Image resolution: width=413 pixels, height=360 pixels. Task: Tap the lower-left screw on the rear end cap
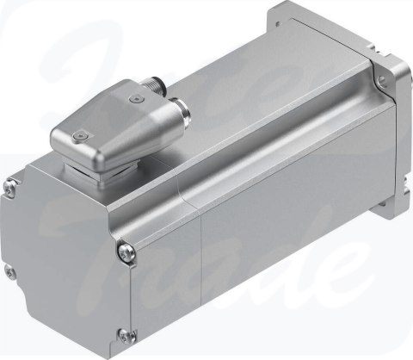[x=10, y=273]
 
